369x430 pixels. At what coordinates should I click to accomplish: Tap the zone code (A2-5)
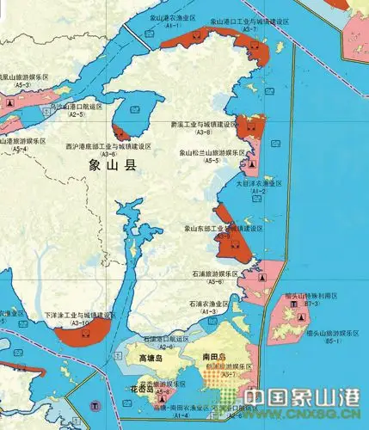(76, 114)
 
